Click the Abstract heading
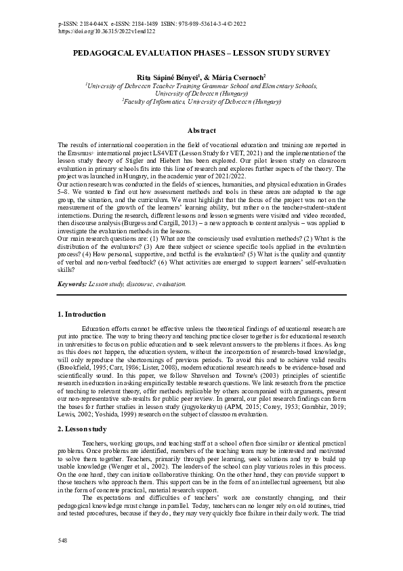(x=201, y=130)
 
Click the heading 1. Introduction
(x=81, y=315)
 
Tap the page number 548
(x=64, y=542)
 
